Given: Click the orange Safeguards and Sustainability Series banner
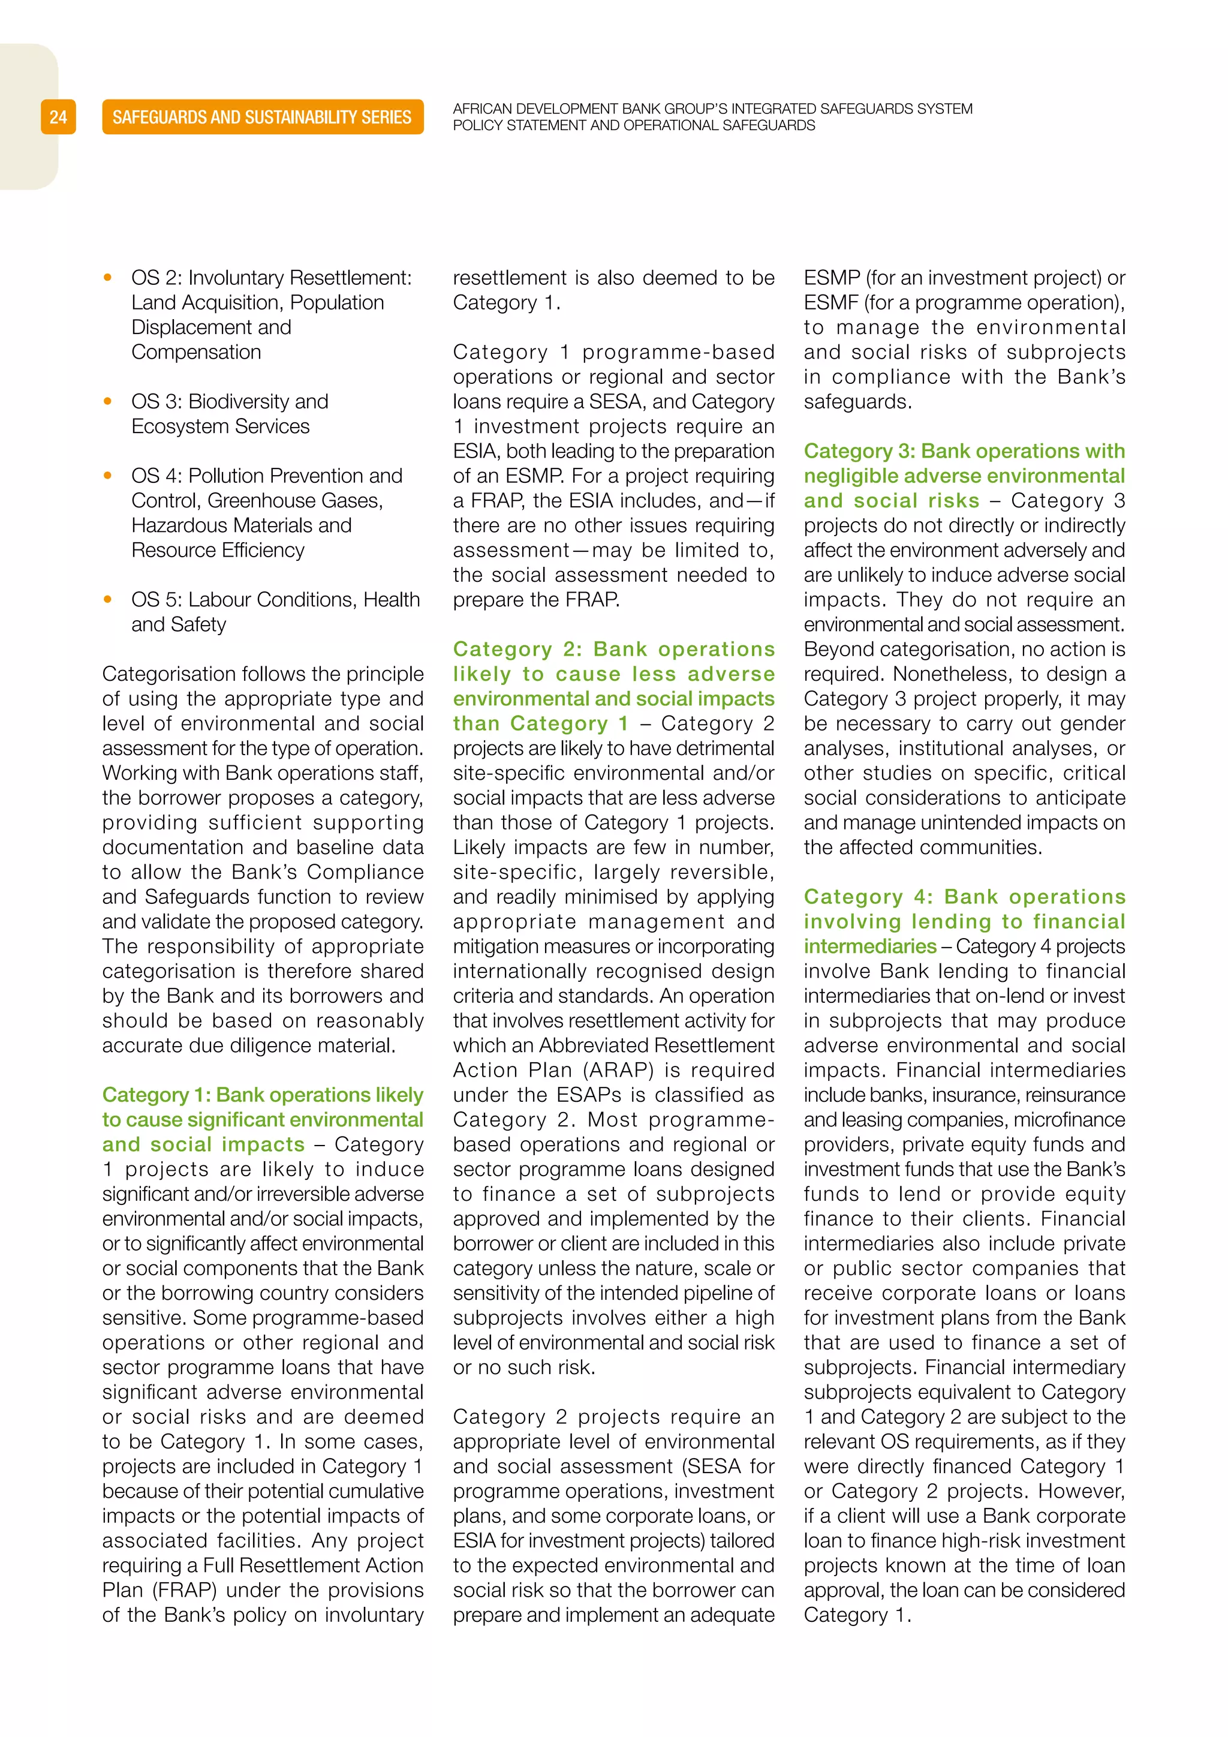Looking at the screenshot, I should [263, 118].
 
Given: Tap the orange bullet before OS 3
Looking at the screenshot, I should [108, 401].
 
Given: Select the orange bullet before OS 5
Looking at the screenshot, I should [108, 599].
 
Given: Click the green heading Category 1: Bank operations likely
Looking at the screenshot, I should [263, 1095].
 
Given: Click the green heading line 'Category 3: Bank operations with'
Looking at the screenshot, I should [964, 451].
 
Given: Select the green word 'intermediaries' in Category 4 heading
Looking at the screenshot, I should [869, 946].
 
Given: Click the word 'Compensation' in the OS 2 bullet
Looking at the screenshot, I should [196, 352].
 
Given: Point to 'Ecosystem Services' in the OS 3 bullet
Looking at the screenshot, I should [220, 426].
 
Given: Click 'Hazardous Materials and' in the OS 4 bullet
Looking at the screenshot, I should [241, 525].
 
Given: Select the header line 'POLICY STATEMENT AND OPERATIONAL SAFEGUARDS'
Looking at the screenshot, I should [634, 125].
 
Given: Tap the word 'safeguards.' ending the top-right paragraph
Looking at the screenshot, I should [857, 401].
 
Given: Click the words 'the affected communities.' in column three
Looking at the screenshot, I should [923, 848].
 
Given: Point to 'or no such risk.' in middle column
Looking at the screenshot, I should [524, 1367].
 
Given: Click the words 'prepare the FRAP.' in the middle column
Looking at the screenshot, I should [536, 599].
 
